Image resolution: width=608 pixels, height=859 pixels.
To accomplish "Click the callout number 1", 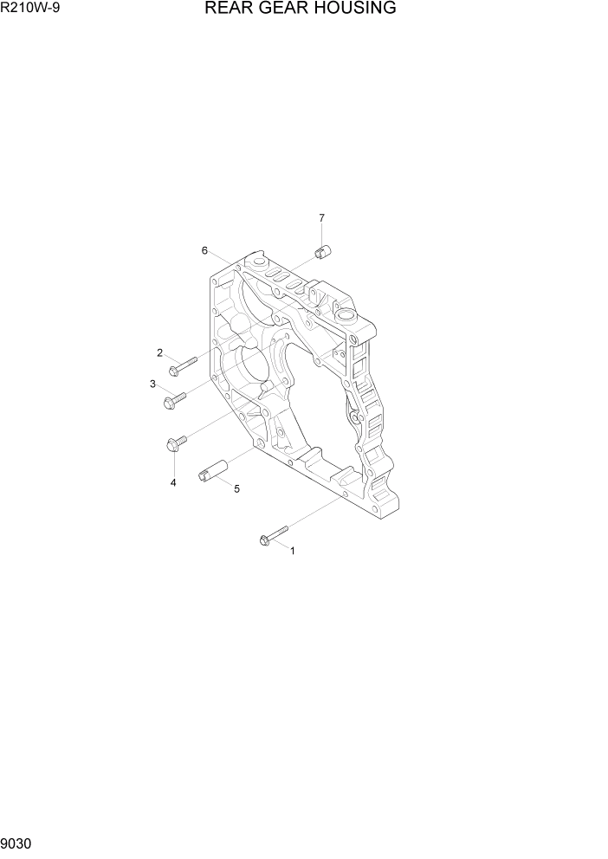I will point(292,550).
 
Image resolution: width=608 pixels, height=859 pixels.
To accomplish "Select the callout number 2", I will point(160,352).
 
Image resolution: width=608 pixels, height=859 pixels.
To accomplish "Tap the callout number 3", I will point(152,384).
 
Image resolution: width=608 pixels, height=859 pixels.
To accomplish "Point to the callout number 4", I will point(173,482).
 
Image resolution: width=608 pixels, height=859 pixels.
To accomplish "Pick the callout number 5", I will point(236,488).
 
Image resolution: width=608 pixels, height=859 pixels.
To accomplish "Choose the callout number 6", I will point(204,250).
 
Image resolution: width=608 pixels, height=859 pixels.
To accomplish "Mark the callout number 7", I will point(321,217).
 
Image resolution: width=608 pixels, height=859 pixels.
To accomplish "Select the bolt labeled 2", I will point(184,365).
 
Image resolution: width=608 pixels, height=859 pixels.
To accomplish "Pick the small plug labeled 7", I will point(324,252).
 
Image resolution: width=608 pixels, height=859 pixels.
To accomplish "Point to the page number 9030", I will point(18,842).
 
